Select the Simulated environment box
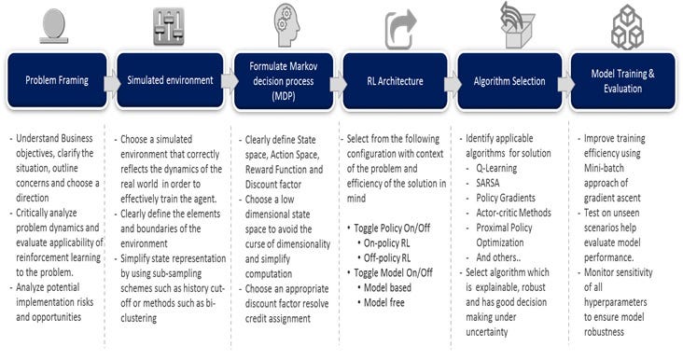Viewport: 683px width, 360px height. [x=168, y=81]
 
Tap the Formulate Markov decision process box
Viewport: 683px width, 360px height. [x=282, y=81]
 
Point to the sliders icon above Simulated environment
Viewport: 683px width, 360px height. [x=169, y=26]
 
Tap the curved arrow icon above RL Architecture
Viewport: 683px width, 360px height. [x=399, y=27]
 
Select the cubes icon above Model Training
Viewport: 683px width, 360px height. [x=627, y=25]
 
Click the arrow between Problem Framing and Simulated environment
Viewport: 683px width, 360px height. [x=111, y=82]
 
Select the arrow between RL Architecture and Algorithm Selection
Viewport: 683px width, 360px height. [x=453, y=82]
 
